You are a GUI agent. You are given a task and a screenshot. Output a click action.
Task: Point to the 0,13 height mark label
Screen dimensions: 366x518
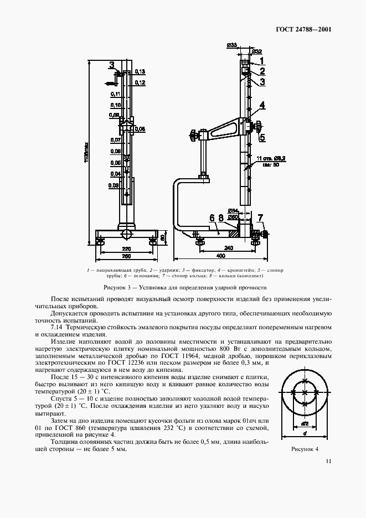tap(140, 72)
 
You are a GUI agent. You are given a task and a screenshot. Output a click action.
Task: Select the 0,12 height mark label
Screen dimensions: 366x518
tap(140, 82)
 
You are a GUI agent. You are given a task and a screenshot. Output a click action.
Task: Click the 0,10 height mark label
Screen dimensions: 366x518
tap(116, 105)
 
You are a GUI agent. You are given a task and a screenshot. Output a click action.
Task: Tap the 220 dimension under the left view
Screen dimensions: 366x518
tap(127, 249)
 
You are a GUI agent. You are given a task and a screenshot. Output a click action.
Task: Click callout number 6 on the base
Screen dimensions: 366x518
tap(212, 218)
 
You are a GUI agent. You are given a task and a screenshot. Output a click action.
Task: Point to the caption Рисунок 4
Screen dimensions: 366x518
tap(305, 449)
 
